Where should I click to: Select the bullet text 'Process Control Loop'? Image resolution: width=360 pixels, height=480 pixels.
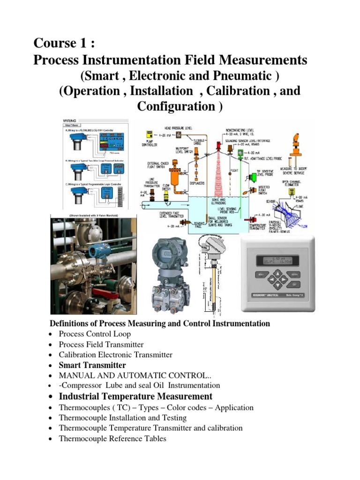click(x=95, y=334)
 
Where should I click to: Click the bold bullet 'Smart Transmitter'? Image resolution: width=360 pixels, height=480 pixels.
click(x=92, y=365)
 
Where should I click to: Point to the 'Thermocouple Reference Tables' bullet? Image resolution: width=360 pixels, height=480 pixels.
click(x=112, y=439)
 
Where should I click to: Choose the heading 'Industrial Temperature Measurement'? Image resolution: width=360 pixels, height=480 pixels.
click(x=135, y=397)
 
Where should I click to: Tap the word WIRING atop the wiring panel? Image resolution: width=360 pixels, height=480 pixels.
click(x=70, y=120)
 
